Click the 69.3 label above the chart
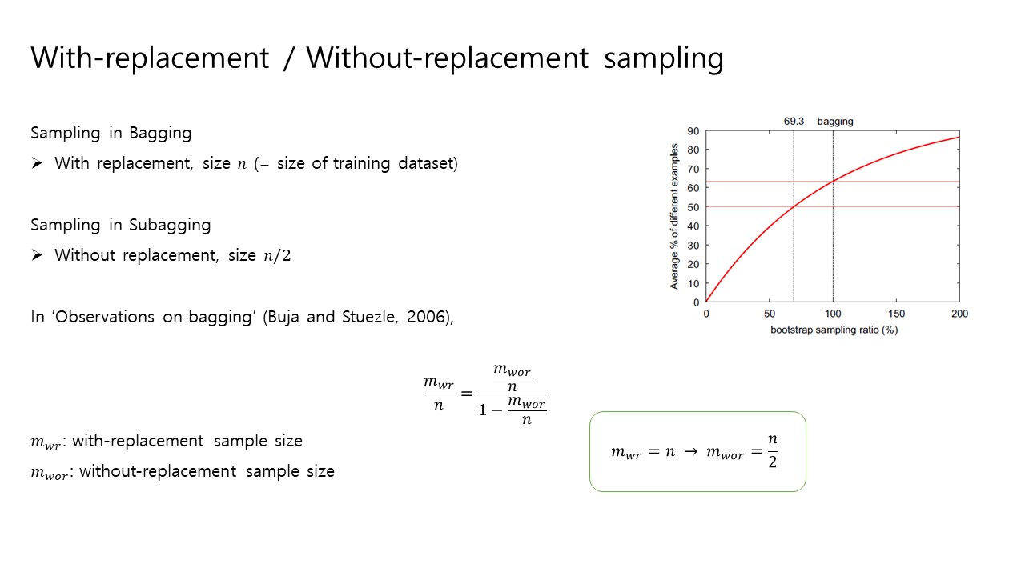coord(794,121)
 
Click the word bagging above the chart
coord(835,122)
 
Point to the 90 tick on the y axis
coord(693,131)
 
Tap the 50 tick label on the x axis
coord(770,314)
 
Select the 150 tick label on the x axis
coord(896,314)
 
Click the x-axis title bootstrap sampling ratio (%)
coord(834,330)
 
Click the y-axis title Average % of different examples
coord(674,216)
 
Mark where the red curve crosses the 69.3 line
coord(794,206)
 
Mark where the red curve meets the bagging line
coord(833,182)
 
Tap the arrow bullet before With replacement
coord(37,163)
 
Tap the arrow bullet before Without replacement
coord(37,255)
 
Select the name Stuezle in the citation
coord(369,317)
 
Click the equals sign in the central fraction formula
coord(466,393)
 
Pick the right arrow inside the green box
coord(690,452)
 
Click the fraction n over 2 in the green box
coord(773,451)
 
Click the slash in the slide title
coord(287,58)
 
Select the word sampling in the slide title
coord(664,59)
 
